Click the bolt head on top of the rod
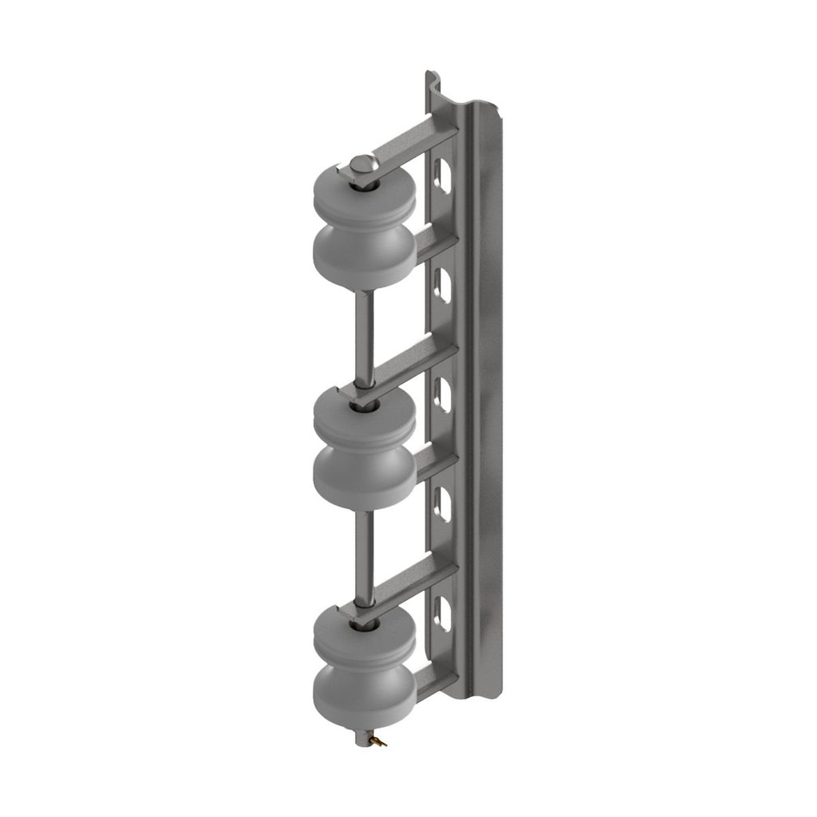[x=363, y=164]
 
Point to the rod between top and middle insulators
[x=364, y=335]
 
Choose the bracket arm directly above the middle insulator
[x=415, y=364]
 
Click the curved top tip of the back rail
[x=431, y=80]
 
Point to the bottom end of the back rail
[x=479, y=693]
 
